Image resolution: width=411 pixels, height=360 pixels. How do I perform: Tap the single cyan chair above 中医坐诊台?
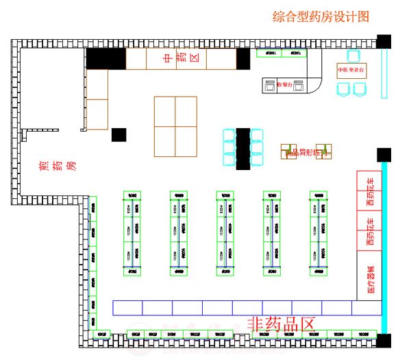(353, 56)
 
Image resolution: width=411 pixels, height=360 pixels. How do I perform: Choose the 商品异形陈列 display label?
(306, 153)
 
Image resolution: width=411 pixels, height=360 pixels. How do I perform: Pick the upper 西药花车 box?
(370, 191)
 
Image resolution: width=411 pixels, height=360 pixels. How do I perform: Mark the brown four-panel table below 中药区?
(175, 126)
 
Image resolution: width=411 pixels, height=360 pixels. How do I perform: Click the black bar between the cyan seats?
(243, 147)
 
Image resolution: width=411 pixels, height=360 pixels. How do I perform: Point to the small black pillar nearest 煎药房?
(119, 135)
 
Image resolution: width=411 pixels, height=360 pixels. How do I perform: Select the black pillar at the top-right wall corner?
(384, 41)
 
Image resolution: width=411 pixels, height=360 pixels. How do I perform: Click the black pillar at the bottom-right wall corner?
(384, 341)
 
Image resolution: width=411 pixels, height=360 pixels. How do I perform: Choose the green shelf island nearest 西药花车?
(319, 233)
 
